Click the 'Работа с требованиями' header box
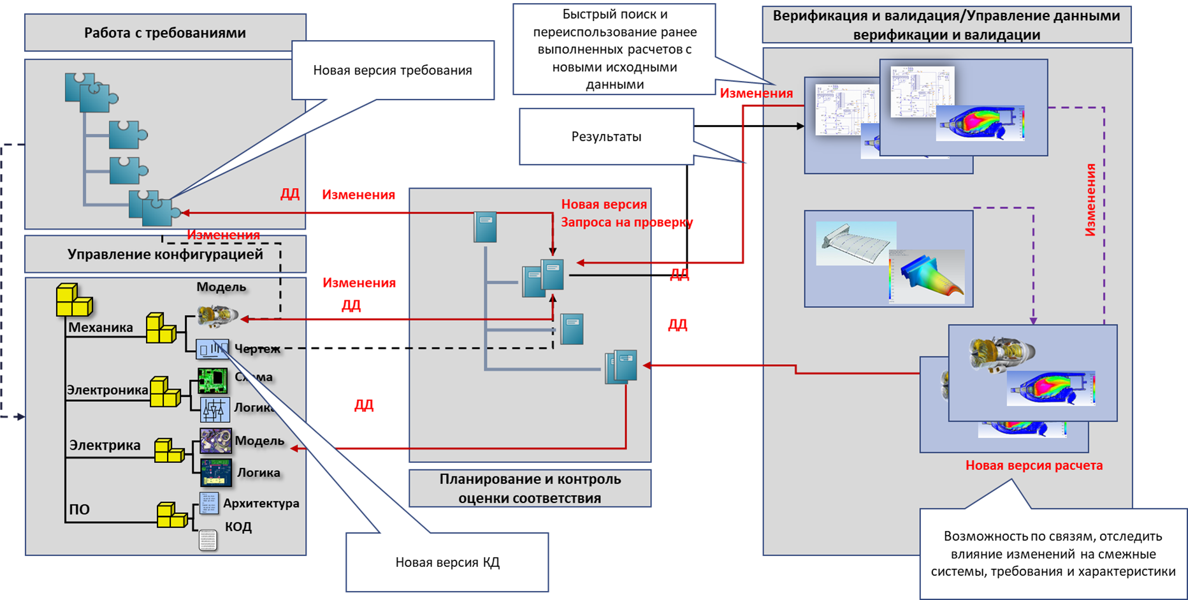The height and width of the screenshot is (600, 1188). [x=165, y=33]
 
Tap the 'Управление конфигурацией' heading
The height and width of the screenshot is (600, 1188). [x=165, y=254]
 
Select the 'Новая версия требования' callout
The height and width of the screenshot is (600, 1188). [x=393, y=70]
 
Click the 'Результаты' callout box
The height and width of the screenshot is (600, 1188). [x=606, y=136]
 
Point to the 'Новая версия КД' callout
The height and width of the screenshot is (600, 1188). [x=447, y=562]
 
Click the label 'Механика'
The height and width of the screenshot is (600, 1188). [x=101, y=328]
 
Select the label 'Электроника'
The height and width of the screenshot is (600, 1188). [x=107, y=390]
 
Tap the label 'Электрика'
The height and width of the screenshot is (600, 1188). [x=105, y=445]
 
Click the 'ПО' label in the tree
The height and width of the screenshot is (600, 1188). [x=80, y=509]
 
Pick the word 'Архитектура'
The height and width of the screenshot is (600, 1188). [x=261, y=503]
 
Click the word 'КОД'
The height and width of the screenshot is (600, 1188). [x=238, y=527]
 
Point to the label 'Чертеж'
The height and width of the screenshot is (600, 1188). [x=257, y=349]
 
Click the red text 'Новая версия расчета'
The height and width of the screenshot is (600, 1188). [x=1034, y=465]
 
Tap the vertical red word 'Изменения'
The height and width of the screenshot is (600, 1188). [x=1090, y=200]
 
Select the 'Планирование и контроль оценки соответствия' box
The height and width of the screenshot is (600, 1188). [x=530, y=488]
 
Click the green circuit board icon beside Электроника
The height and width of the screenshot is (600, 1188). [x=212, y=381]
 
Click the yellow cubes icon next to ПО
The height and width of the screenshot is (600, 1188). [x=171, y=515]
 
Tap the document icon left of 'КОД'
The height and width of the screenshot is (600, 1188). [x=208, y=540]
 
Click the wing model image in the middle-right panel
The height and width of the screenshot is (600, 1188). [x=856, y=243]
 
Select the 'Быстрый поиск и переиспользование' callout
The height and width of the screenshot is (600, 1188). [x=614, y=49]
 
